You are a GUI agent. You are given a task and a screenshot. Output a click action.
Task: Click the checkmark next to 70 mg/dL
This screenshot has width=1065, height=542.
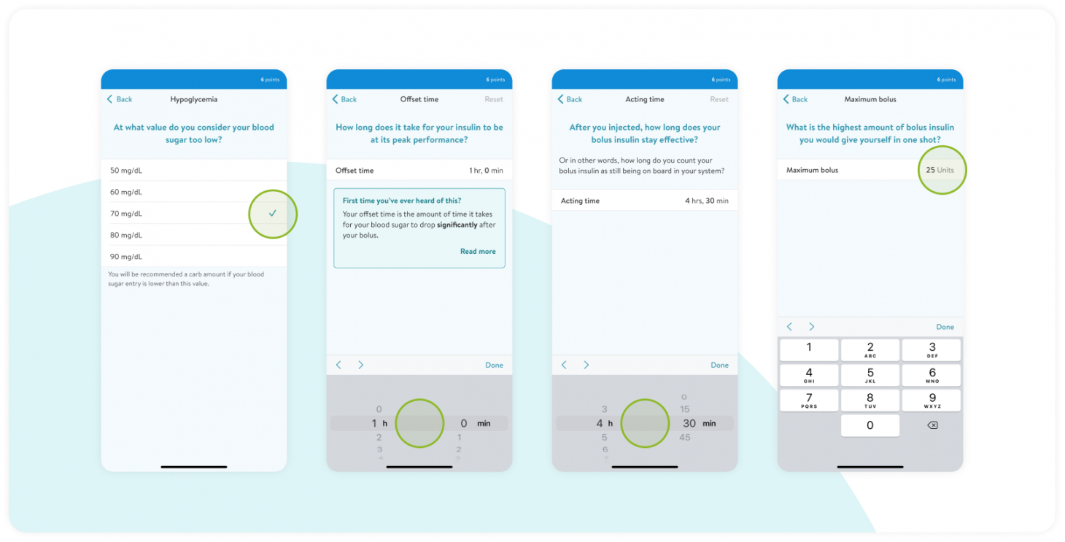click(x=272, y=213)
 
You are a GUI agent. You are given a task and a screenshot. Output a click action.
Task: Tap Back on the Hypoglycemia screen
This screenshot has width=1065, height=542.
click(x=120, y=99)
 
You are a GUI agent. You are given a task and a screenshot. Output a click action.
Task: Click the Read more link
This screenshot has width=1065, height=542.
click(x=478, y=252)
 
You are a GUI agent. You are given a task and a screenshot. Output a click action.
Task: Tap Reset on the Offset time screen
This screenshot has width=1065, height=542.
click(x=494, y=99)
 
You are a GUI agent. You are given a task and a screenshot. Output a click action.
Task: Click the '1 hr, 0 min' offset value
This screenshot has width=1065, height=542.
click(x=486, y=170)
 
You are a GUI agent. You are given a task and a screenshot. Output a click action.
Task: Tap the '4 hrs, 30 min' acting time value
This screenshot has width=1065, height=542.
click(x=706, y=201)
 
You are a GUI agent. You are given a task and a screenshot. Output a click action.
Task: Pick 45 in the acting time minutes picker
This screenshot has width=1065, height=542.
click(x=684, y=438)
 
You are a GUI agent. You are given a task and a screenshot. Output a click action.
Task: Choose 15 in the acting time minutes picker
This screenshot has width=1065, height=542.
click(x=684, y=409)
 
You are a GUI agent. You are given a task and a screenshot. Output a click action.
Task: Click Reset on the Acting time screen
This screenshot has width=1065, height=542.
click(x=719, y=99)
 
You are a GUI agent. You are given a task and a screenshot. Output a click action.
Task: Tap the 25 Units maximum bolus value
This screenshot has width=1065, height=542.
click(x=940, y=170)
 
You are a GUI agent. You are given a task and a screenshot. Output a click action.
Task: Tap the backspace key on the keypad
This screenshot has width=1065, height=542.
click(x=932, y=425)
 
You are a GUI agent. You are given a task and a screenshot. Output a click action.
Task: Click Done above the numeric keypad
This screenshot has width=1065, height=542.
click(x=945, y=327)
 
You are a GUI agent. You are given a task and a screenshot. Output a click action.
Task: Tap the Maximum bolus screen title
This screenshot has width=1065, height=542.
click(x=870, y=99)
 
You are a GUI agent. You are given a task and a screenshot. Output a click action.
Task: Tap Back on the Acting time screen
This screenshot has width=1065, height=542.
click(x=570, y=99)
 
